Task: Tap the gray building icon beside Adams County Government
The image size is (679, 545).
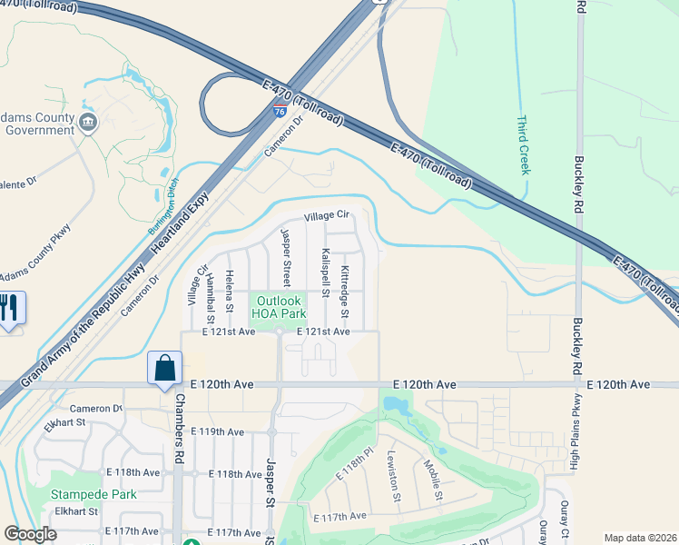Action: point(88,123)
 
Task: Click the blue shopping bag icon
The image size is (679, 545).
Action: point(164,368)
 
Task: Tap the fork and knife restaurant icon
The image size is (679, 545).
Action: point(11,307)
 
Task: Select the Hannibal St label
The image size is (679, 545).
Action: point(210,298)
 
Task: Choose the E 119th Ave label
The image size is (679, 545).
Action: point(217,431)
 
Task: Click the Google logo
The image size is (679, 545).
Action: point(31,534)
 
